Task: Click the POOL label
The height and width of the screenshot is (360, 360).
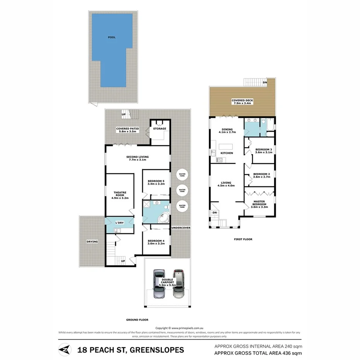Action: (112, 37)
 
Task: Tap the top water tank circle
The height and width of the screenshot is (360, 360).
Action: (182, 175)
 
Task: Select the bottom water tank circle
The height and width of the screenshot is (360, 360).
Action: (182, 206)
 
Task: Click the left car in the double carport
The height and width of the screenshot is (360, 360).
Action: (159, 284)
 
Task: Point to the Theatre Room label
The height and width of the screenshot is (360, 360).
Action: (120, 195)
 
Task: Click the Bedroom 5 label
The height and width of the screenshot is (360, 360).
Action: (156, 182)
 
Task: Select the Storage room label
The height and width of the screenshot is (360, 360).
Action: (160, 129)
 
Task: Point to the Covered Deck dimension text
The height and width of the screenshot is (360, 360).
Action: (242, 104)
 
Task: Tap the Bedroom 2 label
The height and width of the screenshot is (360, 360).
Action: (261, 176)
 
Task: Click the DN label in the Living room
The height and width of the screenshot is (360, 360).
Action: (215, 212)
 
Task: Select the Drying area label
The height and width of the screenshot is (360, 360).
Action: (92, 242)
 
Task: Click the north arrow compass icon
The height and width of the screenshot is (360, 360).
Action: (65, 350)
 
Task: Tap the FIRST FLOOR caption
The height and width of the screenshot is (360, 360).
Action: (243, 239)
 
